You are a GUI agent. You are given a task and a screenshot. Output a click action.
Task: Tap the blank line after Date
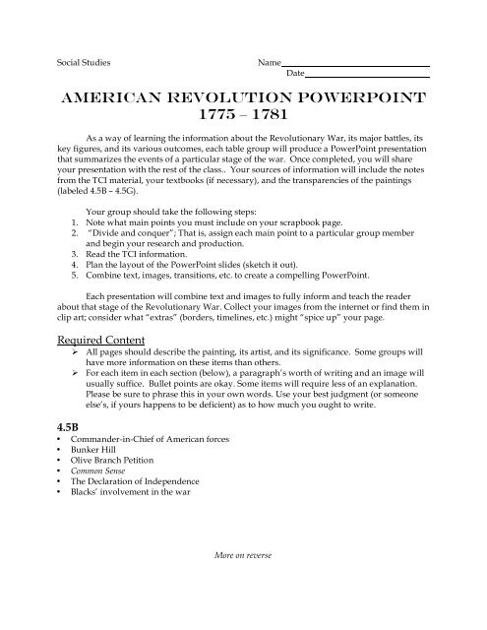tap(368, 75)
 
